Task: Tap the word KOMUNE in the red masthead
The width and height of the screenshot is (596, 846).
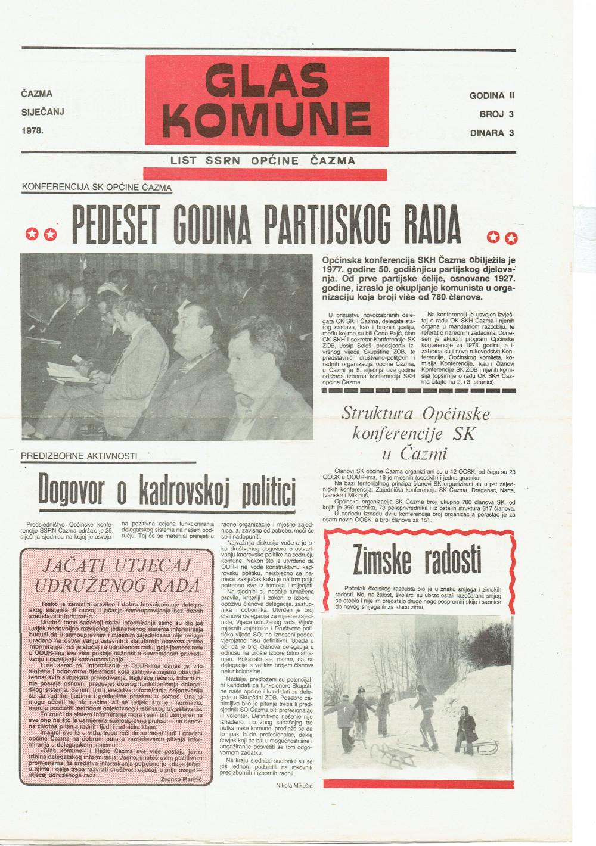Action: (x=266, y=117)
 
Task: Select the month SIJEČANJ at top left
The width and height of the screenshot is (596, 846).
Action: (x=42, y=111)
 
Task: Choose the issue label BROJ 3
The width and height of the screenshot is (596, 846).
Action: (x=496, y=114)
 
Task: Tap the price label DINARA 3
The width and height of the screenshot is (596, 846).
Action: (x=492, y=133)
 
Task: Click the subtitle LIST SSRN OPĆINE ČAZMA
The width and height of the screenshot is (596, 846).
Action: (x=263, y=160)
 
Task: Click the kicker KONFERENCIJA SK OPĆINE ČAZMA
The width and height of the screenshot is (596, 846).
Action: (x=97, y=187)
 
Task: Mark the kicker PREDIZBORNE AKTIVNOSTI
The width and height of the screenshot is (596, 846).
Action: (x=79, y=456)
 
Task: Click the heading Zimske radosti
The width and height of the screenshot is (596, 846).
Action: (x=417, y=558)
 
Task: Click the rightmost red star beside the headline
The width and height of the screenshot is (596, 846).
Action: (x=511, y=238)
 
